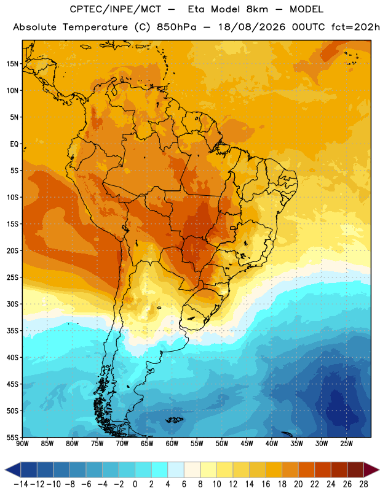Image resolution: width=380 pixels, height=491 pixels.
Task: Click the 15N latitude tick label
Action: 12,64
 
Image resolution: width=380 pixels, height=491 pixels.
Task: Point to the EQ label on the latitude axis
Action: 14,144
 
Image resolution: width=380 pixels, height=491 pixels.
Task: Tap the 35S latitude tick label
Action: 12,331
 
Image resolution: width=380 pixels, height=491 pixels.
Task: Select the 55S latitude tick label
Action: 12,438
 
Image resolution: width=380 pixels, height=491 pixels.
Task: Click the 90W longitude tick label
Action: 22,444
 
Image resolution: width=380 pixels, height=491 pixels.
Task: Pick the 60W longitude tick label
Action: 172,444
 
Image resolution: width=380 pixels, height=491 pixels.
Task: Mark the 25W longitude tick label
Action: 346,444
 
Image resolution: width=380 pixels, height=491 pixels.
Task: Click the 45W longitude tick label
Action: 247,444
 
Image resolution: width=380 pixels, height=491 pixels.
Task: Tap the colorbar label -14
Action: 21,484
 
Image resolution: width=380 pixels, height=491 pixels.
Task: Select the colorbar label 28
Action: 363,484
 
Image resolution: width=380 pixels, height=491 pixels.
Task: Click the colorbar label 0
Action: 135,484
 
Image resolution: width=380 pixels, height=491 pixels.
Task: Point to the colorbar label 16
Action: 266,484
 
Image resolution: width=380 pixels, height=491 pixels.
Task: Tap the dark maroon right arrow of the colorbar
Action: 371,470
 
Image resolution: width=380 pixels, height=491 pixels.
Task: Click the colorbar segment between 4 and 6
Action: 176,470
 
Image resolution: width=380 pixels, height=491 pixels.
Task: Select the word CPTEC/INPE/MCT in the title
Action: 116,10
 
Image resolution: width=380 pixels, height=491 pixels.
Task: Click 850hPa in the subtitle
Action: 176,27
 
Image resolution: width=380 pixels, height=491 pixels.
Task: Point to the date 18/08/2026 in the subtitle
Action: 251,27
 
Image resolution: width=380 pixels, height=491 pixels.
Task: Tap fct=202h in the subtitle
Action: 355,27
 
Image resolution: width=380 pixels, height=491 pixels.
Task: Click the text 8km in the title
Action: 257,10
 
